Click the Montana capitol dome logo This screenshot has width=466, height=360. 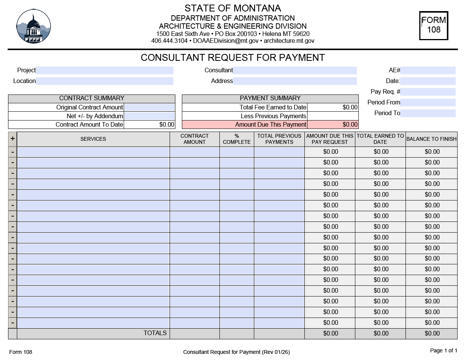pos(34,26)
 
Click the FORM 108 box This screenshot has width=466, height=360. pos(433,25)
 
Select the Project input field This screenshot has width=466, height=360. pos(105,70)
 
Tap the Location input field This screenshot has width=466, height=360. pos(105,81)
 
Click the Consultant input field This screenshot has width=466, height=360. pos(294,70)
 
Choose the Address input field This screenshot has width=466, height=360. pos(294,81)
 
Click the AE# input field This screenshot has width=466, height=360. pos(428,70)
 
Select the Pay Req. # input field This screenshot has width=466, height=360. pos(428,92)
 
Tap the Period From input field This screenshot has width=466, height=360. pos(428,103)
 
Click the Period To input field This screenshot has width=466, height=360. pos(428,113)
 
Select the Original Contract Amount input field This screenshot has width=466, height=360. pos(149,108)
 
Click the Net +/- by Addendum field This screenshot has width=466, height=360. pos(149,116)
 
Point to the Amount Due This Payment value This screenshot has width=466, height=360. pos(333,125)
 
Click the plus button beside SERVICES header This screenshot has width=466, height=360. pos(13,139)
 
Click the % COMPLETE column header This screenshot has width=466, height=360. pos(237,139)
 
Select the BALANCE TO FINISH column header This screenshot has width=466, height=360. pos(431,139)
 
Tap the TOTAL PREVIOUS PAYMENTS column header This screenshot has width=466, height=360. pos(279,139)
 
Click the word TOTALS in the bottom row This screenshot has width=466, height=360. pos(155,333)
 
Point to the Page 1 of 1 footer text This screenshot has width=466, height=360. pos(443,350)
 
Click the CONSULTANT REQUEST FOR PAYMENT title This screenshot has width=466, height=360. pos(233,58)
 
